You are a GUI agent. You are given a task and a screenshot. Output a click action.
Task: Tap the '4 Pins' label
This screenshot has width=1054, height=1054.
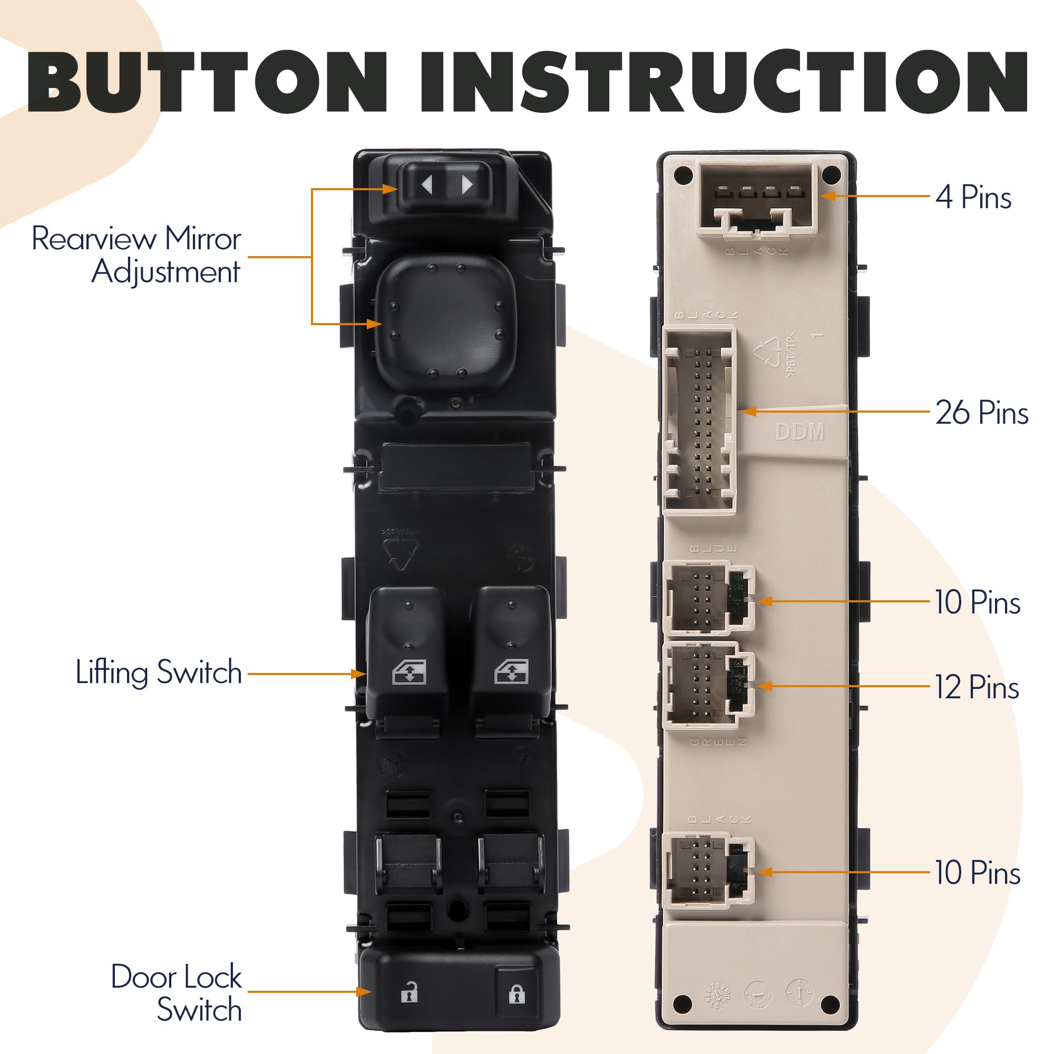pyautogui.click(x=973, y=197)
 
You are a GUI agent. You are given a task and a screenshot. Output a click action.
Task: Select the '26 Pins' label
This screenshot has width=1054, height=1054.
pyautogui.click(x=981, y=413)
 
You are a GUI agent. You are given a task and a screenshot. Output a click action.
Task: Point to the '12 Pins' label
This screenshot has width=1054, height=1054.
pyautogui.click(x=977, y=687)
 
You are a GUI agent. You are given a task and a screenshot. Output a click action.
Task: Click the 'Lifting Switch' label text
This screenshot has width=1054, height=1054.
pyautogui.click(x=159, y=672)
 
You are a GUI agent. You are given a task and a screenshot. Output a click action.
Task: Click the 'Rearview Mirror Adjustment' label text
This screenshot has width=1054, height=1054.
pyautogui.click(x=136, y=255)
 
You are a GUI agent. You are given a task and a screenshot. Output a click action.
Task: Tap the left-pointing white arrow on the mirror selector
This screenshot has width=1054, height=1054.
pyautogui.click(x=427, y=185)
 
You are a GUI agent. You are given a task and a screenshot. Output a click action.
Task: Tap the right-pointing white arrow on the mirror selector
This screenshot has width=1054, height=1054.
pyautogui.click(x=467, y=185)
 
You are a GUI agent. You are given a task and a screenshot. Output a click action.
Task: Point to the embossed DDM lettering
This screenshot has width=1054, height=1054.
pyautogui.click(x=800, y=432)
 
